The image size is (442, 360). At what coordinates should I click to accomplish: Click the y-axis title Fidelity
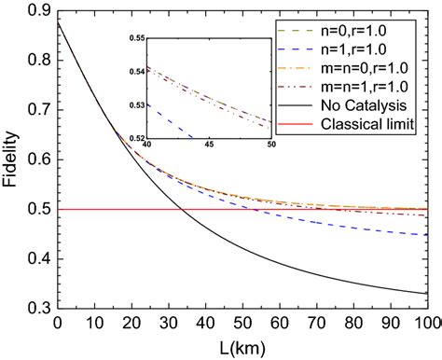coord(13,159)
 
